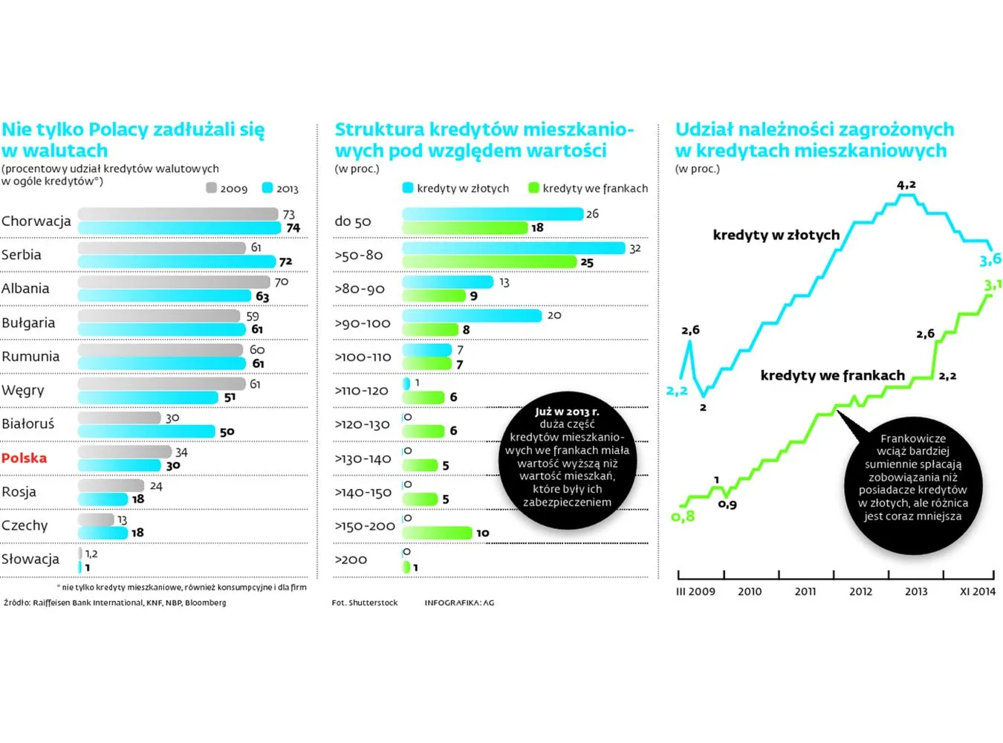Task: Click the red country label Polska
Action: tap(24, 458)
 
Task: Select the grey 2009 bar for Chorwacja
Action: tap(178, 214)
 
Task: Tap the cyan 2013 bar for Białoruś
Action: tap(146, 431)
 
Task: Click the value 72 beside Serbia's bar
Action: tap(285, 262)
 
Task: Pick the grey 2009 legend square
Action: tap(211, 188)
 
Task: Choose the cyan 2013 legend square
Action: tap(267, 188)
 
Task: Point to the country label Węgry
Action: tap(23, 390)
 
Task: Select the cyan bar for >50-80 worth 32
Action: tap(513, 248)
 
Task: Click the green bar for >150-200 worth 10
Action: tap(437, 533)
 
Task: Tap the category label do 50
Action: tap(353, 221)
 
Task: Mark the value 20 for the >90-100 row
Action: tap(554, 316)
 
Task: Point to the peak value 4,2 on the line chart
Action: tap(906, 185)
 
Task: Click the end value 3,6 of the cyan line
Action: tap(990, 259)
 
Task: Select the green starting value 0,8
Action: tap(683, 516)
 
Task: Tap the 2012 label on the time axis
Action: tap(860, 591)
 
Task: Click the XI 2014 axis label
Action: tap(977, 591)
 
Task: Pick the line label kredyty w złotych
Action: tap(776, 235)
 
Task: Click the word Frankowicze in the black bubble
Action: tap(913, 438)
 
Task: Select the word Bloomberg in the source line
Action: tap(205, 603)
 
